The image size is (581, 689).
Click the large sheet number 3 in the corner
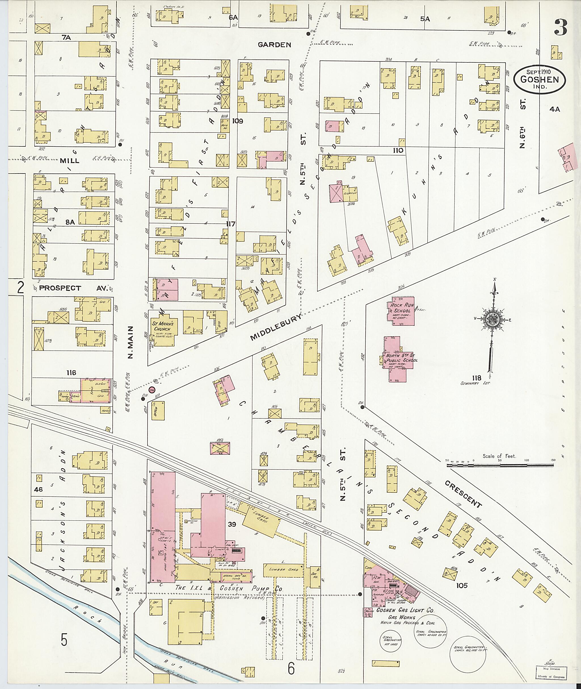560,28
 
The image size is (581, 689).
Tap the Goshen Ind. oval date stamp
539,79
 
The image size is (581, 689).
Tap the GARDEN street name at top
274,45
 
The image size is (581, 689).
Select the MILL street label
70,161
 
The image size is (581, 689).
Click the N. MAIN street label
130,343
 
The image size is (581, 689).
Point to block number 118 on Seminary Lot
476,378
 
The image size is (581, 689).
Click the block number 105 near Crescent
462,585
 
